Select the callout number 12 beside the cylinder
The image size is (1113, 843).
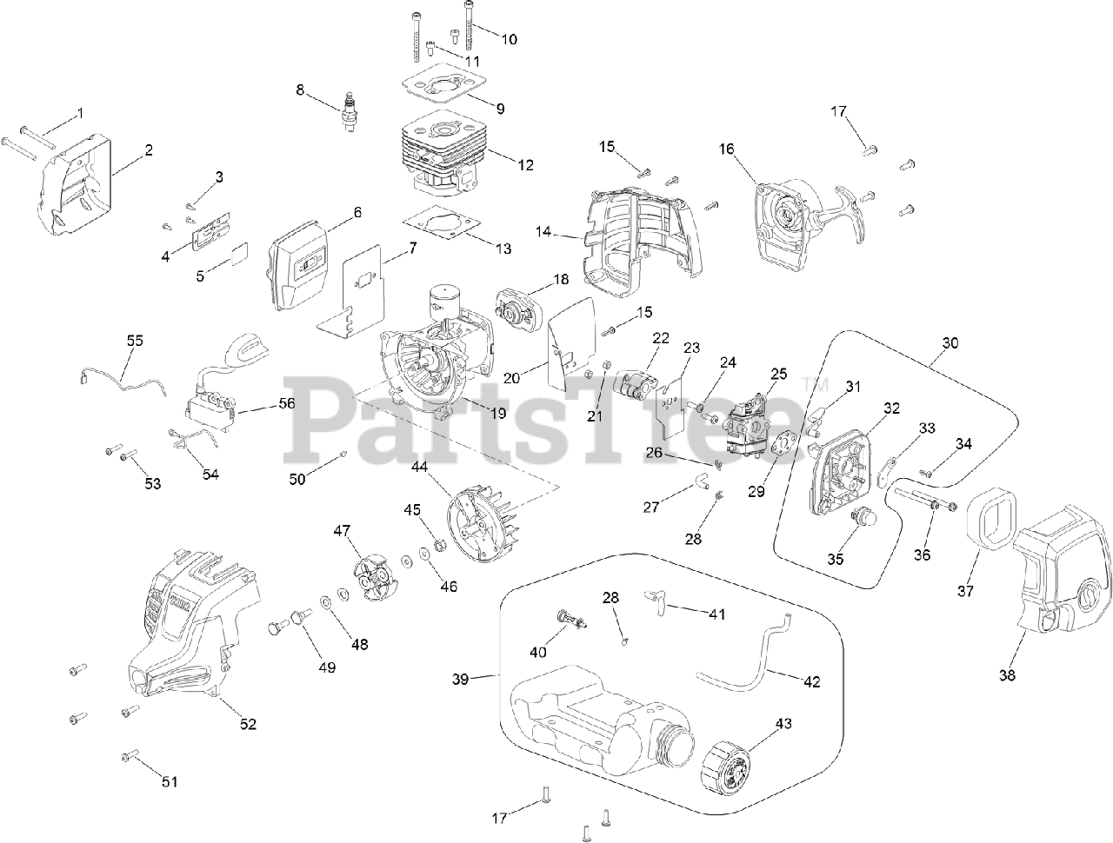(524, 164)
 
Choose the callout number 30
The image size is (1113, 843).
(950, 342)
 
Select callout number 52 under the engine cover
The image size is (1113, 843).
(249, 724)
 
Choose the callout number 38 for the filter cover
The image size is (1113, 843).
(1008, 674)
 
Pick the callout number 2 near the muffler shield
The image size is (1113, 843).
(149, 149)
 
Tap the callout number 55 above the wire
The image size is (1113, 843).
(135, 341)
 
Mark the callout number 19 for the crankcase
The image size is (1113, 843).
(497, 414)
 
